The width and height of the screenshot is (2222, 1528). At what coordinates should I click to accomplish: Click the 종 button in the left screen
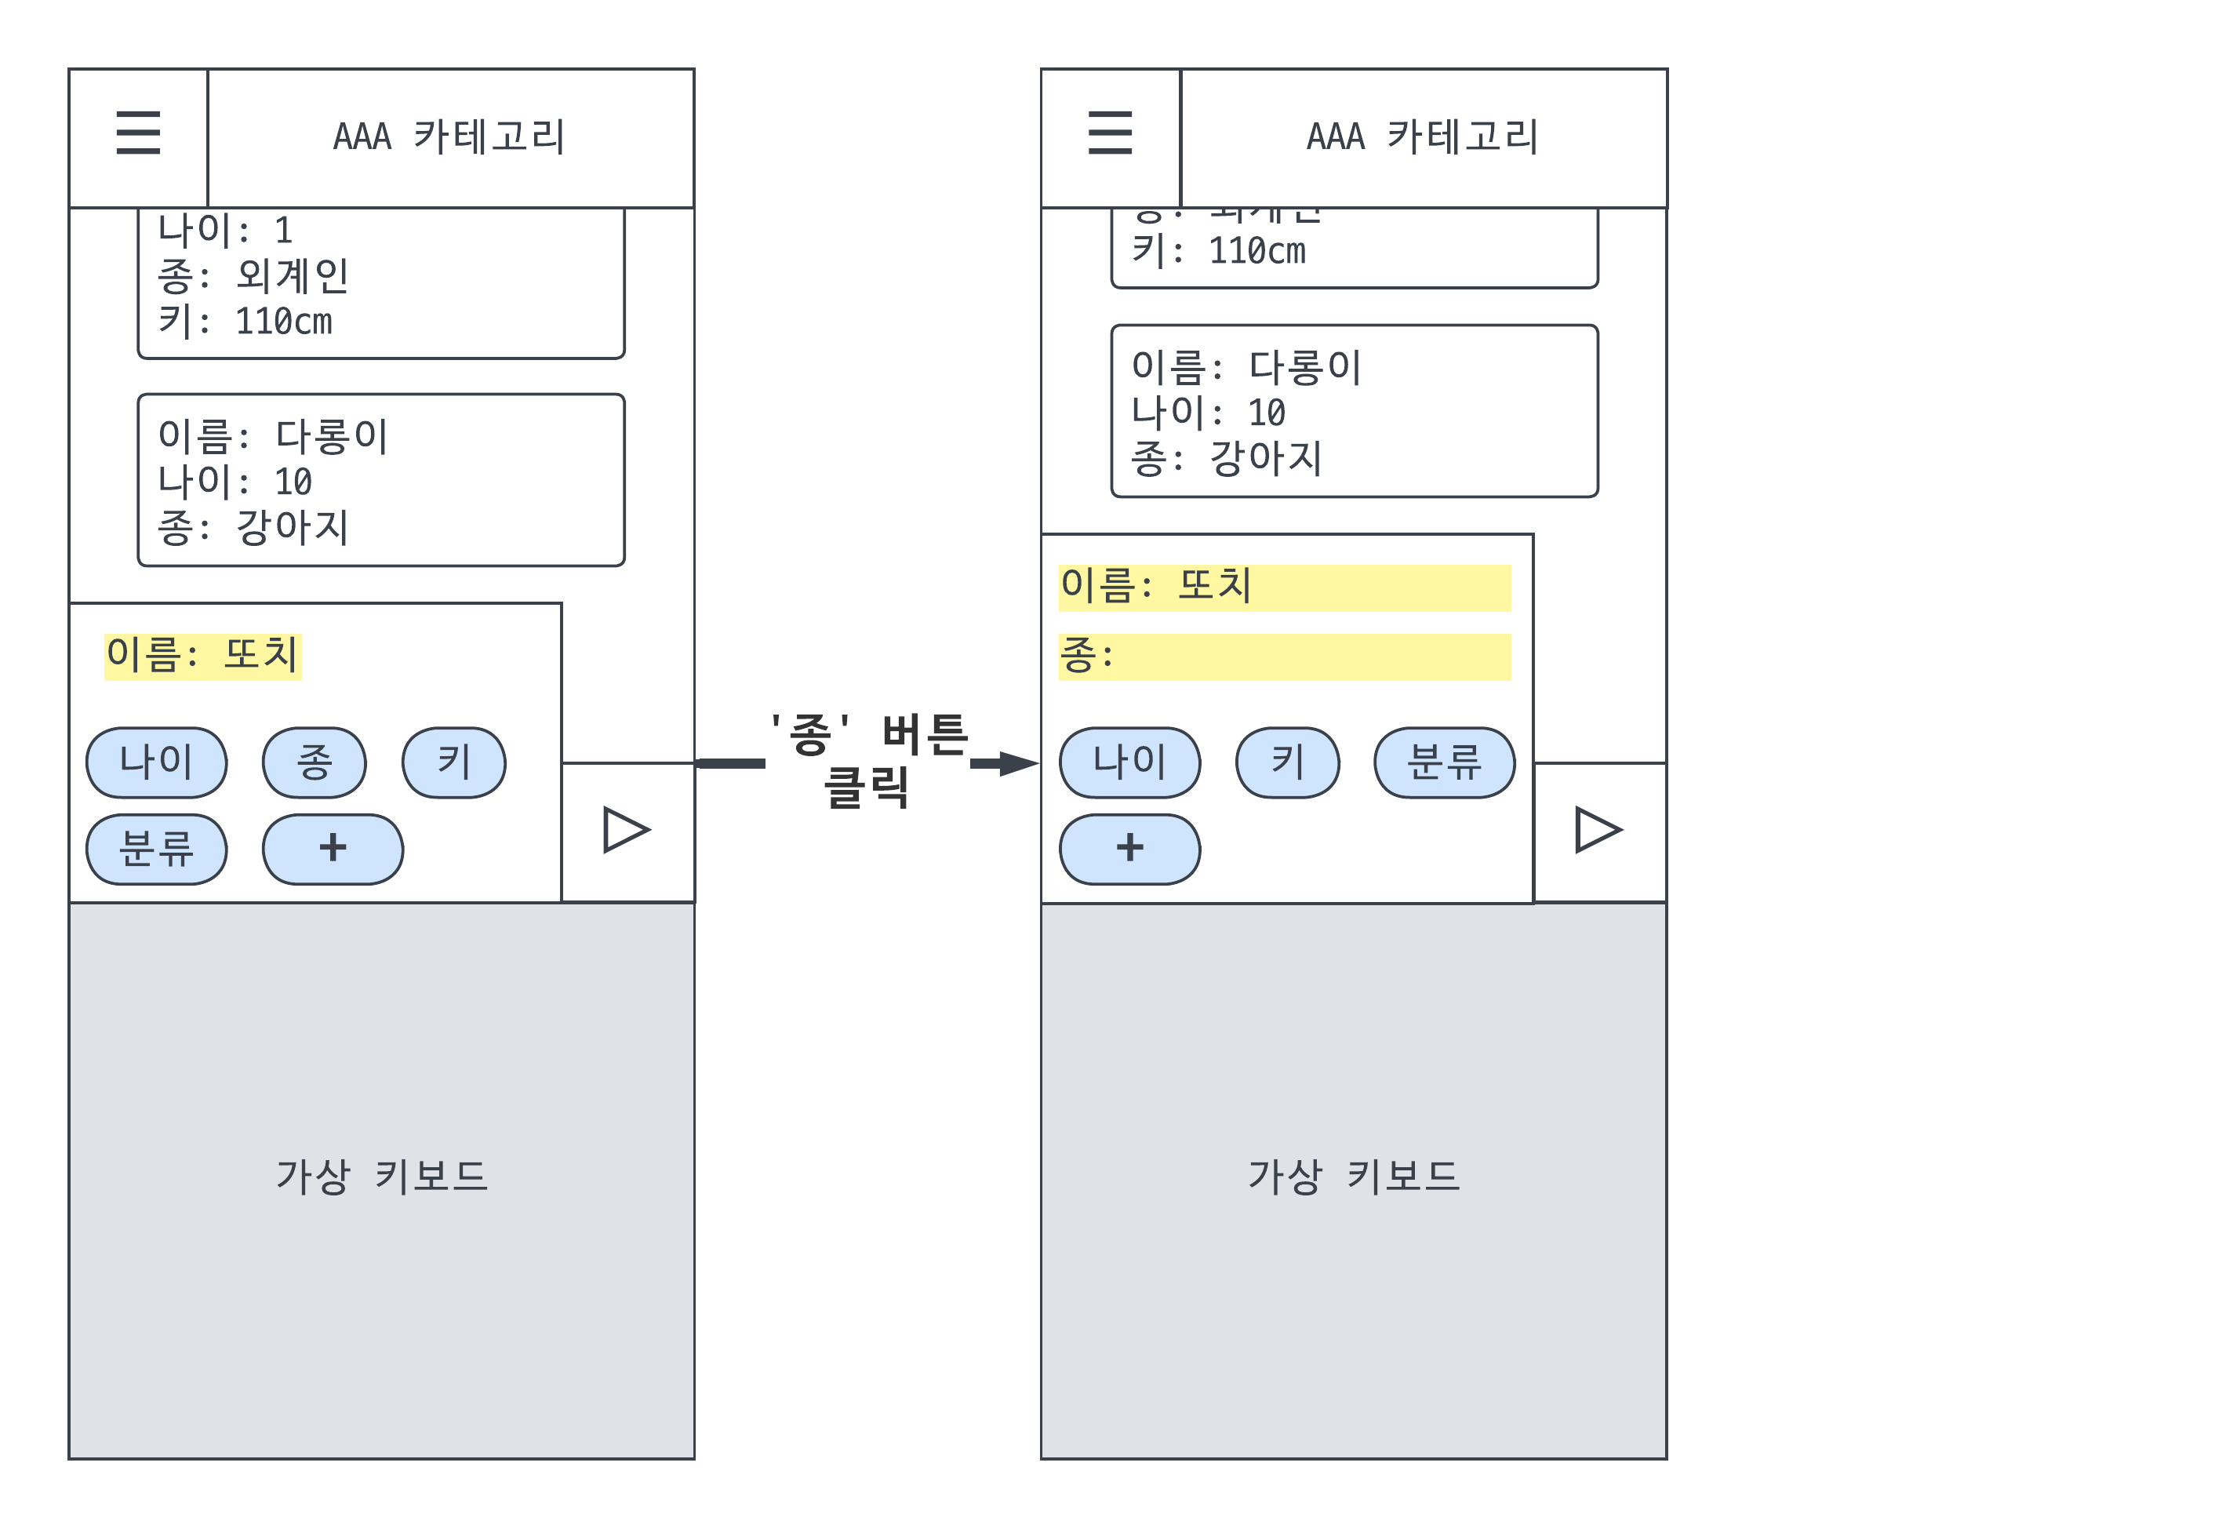tap(314, 762)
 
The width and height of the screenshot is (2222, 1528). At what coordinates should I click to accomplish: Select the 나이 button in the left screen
tap(156, 762)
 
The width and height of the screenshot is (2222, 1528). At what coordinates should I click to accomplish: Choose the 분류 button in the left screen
tap(156, 849)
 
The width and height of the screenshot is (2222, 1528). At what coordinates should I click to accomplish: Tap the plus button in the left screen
tap(333, 849)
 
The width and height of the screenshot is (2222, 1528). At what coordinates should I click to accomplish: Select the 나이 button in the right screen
tap(1129, 762)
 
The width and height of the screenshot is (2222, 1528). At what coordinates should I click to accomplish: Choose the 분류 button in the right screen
tap(1444, 762)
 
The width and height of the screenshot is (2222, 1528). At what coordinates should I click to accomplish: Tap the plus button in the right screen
tap(1129, 849)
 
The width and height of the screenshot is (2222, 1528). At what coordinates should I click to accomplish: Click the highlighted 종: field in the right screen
tap(1284, 657)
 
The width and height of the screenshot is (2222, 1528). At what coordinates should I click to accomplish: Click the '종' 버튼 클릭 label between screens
tap(869, 761)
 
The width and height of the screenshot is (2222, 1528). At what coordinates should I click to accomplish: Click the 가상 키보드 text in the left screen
tap(381, 1177)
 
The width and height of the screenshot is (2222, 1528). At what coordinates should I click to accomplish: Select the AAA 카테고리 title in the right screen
tap(1422, 137)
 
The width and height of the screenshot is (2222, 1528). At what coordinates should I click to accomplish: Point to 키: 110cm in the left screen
tap(245, 322)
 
